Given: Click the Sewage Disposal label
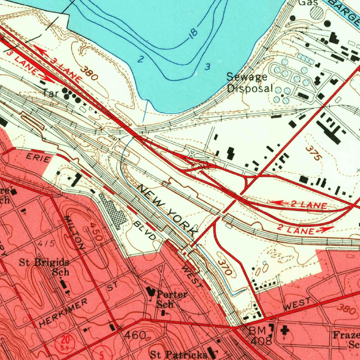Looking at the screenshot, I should pos(250,82).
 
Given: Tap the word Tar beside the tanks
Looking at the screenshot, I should pos(50,93).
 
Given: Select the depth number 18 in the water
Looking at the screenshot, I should pos(193,34).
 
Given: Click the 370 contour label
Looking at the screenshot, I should pos(224,268).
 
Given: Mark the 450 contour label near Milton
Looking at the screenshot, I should pos(95,231).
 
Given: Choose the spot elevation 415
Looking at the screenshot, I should pos(47,243).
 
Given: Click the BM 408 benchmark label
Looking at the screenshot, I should pos(260,335).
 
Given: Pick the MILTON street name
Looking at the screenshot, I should pos(74,232).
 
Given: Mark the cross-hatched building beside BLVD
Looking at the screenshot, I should pos(112,210).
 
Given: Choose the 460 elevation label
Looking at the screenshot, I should pos(135,335).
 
